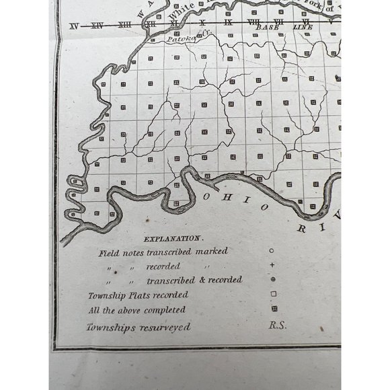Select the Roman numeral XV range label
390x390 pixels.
pyautogui.click(x=74, y=26)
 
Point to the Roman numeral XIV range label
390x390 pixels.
pyautogui.click(x=98, y=26)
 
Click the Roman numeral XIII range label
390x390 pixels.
pyautogui.click(x=124, y=26)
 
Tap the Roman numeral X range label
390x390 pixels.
pyautogui.click(x=202, y=24)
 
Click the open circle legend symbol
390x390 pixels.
pyautogui.click(x=272, y=251)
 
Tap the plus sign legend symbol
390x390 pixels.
pyautogui.click(x=272, y=264)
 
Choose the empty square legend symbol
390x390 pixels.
pyautogui.click(x=273, y=294)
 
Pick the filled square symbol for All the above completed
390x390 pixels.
pyautogui.click(x=273, y=309)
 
